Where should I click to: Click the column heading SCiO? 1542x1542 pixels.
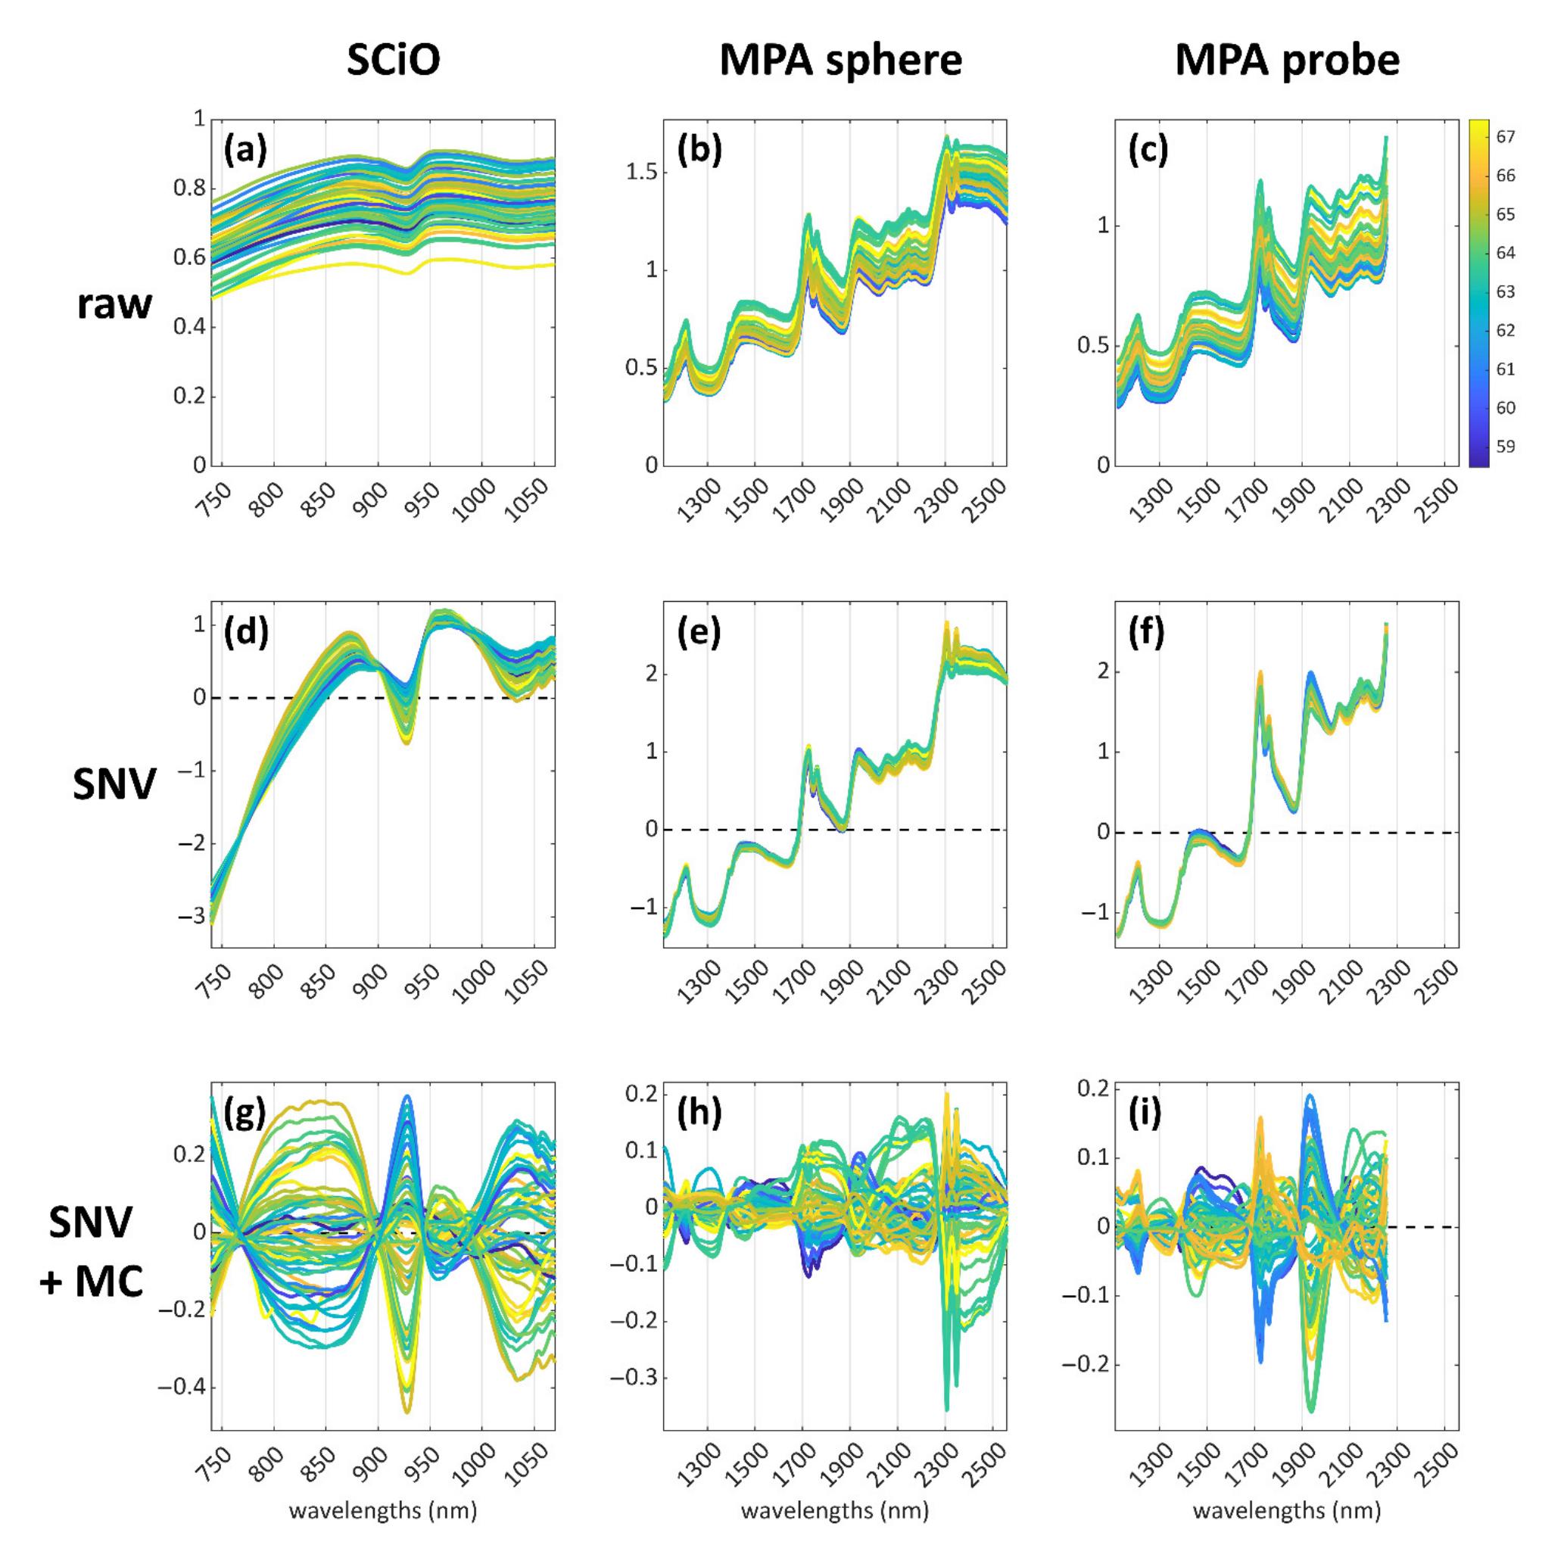pyautogui.click(x=393, y=61)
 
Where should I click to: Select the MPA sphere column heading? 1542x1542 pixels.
pyautogui.click(x=840, y=61)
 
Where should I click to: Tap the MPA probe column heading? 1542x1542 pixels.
pyautogui.click(x=1288, y=61)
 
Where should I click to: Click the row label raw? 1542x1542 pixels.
pyautogui.click(x=114, y=306)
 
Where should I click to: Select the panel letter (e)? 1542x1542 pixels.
pyautogui.click(x=699, y=632)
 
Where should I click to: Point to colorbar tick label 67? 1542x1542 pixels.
pyautogui.click(x=1505, y=137)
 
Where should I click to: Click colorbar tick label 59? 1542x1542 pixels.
pyautogui.click(x=1505, y=447)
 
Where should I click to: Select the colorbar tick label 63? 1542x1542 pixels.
pyautogui.click(x=1505, y=292)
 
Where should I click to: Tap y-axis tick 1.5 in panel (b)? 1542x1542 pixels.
pyautogui.click(x=640, y=173)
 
